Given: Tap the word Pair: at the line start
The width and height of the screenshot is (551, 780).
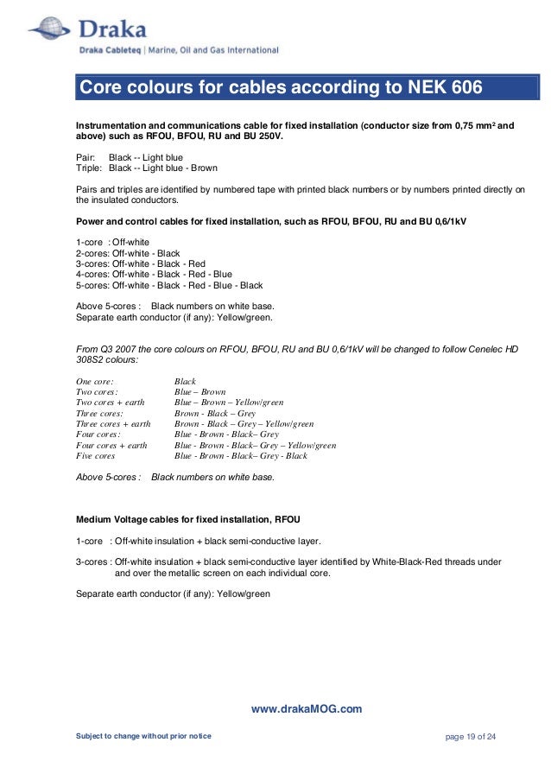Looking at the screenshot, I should pos(86,158).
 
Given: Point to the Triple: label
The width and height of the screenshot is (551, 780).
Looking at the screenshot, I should pos(90,168).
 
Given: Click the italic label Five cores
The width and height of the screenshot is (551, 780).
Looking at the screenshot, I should pos(95,455).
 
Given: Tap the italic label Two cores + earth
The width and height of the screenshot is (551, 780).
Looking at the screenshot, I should pos(111,403).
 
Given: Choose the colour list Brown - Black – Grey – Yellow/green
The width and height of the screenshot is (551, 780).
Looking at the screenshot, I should pos(244,423).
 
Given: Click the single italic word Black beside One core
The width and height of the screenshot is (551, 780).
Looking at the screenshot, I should pos(186,381).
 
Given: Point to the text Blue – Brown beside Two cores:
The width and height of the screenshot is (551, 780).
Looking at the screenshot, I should pos(200,391).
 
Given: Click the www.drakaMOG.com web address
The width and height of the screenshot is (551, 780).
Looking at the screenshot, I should pos(306,709).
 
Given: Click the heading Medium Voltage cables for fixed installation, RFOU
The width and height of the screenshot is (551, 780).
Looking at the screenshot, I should pos(188,519).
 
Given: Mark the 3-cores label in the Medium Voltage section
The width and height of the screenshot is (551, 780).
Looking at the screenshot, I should pos(92,561).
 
